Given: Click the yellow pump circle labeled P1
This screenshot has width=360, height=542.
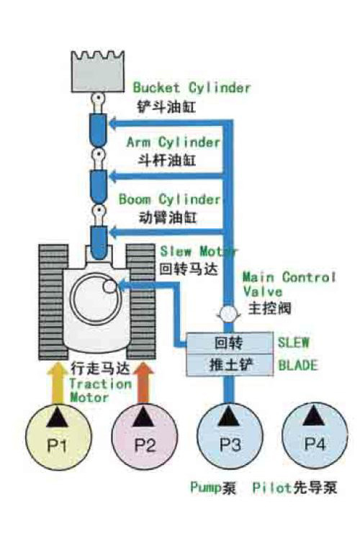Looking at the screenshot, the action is (x=59, y=438).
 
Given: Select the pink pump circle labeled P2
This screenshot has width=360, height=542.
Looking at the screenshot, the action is (x=145, y=437).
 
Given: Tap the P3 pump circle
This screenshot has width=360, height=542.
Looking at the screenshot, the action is (x=230, y=437).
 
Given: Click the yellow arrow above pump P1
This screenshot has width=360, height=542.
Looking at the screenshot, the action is (x=57, y=382).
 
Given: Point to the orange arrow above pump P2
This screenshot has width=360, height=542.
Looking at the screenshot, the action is (x=143, y=382).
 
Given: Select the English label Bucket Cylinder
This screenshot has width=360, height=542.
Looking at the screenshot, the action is (x=192, y=87).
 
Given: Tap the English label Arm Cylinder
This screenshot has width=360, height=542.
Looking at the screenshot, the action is (x=174, y=142).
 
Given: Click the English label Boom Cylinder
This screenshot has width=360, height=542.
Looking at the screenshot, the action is (x=169, y=199).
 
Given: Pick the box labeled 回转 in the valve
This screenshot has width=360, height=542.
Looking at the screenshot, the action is (x=230, y=343).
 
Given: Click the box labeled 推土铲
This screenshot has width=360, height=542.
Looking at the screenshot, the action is (x=230, y=365).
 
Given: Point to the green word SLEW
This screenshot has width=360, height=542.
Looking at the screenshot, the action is (x=293, y=342).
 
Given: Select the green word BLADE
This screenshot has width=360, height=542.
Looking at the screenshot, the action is (x=298, y=365).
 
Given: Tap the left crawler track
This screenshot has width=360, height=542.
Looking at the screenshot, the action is (x=53, y=302).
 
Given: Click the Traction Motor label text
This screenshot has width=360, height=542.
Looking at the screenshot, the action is (x=100, y=390).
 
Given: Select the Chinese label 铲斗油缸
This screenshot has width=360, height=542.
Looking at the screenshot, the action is (x=167, y=107).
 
